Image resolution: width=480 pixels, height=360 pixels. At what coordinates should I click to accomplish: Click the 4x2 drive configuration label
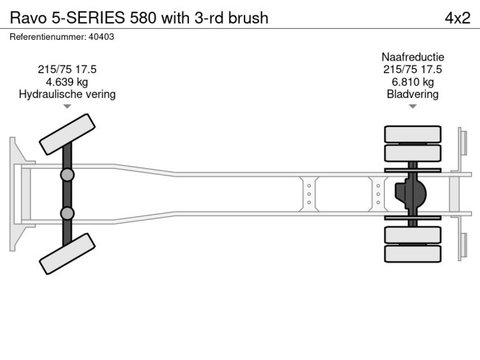pos(457,18)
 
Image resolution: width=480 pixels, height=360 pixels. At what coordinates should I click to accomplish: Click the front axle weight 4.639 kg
pos(67,82)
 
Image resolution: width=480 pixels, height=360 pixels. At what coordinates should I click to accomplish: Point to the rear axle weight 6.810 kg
pos(412,82)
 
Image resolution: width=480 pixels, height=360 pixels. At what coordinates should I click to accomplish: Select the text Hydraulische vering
pos(67,94)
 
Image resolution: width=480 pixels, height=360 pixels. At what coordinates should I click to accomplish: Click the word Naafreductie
pos(412,57)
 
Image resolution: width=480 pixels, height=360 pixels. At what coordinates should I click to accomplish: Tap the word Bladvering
pos(412,94)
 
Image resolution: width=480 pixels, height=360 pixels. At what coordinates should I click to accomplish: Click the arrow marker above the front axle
pos(67,107)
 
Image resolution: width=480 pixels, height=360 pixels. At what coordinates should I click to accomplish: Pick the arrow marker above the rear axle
pos(412,107)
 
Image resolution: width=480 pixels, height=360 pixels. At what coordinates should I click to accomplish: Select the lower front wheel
pos(67,255)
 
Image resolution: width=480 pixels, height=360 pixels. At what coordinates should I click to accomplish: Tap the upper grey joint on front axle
pos(67,175)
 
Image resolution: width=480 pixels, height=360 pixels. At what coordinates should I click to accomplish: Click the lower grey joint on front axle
pos(67,213)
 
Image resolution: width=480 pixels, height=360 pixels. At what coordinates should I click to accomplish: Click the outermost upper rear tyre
pos(412,134)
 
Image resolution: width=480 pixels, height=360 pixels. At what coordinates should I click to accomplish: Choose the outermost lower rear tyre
pos(412,254)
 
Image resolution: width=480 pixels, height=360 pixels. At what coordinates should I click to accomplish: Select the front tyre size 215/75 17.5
pos(67,69)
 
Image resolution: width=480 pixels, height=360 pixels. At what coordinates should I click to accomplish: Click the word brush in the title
pos(247,18)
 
